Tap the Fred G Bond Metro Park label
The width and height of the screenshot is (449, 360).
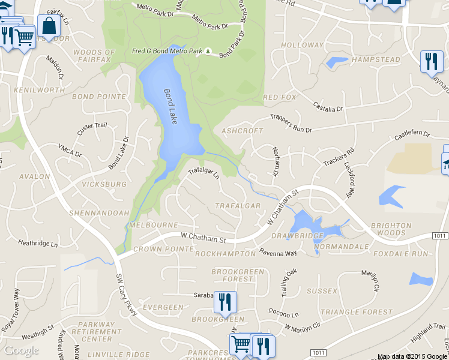click(167, 52)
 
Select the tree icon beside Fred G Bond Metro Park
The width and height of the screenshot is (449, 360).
click(208, 52)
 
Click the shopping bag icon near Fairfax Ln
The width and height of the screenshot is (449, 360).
click(49, 26)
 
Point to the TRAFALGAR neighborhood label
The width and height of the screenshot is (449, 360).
click(238, 206)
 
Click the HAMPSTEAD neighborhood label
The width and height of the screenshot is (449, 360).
click(376, 60)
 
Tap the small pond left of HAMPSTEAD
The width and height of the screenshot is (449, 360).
click(336, 61)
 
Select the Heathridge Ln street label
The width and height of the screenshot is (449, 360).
click(38, 244)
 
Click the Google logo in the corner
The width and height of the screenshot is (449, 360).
click(21, 350)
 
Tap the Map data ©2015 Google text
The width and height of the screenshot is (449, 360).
click(413, 356)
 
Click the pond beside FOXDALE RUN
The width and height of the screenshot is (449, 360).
click(421, 278)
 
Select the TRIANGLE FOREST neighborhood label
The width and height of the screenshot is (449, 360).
click(356, 312)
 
